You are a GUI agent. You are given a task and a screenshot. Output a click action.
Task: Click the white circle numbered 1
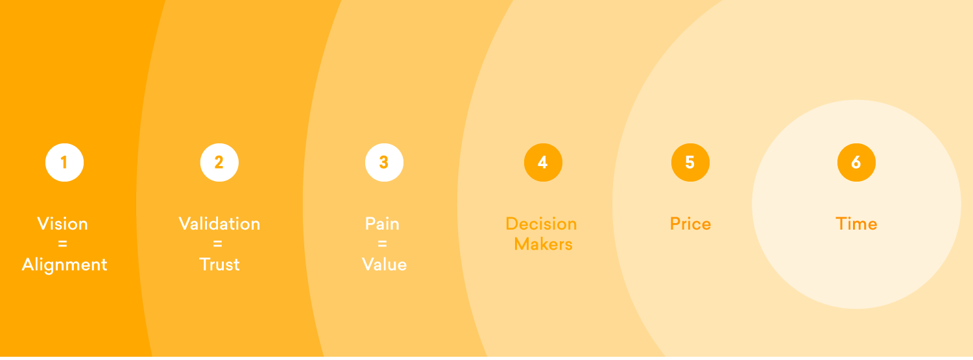click(x=64, y=162)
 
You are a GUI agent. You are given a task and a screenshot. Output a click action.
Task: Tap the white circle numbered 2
click(x=219, y=162)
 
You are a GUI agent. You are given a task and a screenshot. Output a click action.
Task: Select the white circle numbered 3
click(x=384, y=162)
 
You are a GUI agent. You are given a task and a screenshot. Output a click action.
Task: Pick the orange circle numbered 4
click(x=543, y=162)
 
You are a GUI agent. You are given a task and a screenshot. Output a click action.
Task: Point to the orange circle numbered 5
click(x=690, y=162)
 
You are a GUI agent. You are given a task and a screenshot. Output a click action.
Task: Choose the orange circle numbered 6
click(x=856, y=162)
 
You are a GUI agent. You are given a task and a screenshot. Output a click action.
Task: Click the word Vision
click(x=62, y=224)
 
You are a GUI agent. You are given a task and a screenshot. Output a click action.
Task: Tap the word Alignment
click(x=64, y=265)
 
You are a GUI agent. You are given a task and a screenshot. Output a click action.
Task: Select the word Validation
click(x=219, y=224)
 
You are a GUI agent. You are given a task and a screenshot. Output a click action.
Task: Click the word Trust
click(x=219, y=265)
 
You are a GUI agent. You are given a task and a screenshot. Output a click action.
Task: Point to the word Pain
click(x=382, y=224)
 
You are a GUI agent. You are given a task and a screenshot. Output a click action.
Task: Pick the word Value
click(x=385, y=265)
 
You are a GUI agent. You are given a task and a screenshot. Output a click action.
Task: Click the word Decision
click(x=541, y=224)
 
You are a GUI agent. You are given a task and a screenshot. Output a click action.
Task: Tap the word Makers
click(x=543, y=244)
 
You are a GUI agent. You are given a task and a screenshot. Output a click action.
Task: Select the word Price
click(x=690, y=224)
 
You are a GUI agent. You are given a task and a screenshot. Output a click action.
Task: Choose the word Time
click(x=856, y=224)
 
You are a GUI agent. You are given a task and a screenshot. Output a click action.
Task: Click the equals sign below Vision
click(x=62, y=244)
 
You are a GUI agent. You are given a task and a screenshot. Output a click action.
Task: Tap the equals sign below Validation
click(x=217, y=244)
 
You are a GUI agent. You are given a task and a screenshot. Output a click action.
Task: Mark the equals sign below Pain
click(x=382, y=244)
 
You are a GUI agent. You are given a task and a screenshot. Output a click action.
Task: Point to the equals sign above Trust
click(x=217, y=244)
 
